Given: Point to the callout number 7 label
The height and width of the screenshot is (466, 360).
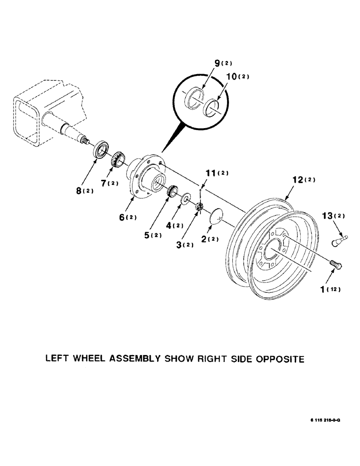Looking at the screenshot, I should pos(105,184).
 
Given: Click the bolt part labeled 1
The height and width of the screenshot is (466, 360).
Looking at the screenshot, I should pos(336,265).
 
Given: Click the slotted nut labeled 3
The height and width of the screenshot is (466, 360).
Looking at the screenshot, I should pos(198,207).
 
